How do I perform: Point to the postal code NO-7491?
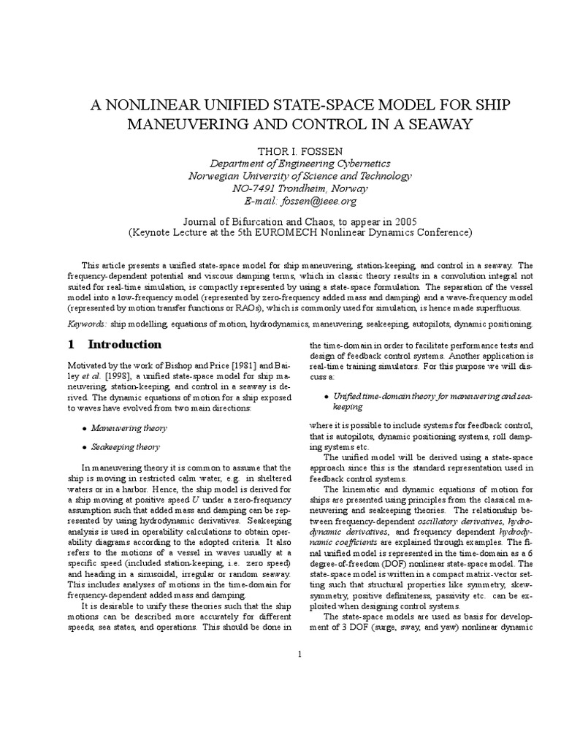256,188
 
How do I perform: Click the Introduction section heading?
125,344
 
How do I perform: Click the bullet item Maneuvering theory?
129,428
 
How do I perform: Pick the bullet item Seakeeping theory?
125,446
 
